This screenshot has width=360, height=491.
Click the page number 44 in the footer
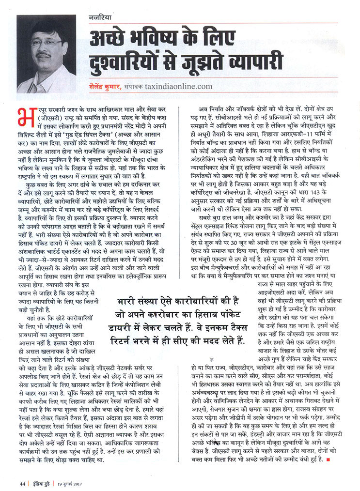(x=22, y=482)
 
